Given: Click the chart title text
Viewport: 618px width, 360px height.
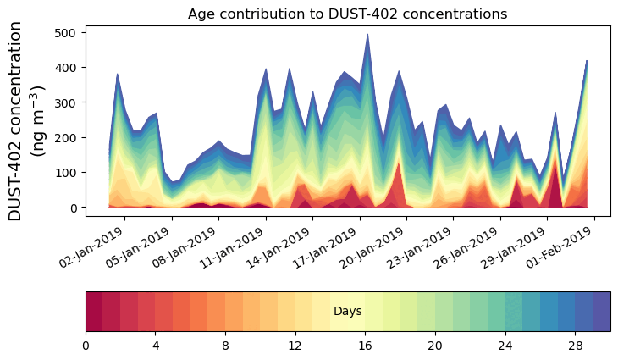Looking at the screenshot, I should (x=347, y=14).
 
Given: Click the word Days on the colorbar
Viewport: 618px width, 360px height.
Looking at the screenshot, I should (x=348, y=312).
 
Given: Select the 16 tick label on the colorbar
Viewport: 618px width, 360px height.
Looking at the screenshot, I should (x=365, y=346).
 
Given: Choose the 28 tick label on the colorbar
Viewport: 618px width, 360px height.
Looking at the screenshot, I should (x=575, y=346).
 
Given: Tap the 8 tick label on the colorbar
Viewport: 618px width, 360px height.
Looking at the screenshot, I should (x=225, y=346).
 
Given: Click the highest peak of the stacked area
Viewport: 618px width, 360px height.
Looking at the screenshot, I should (x=367, y=35).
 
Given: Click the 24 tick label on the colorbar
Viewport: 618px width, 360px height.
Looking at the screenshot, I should (x=505, y=346).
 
